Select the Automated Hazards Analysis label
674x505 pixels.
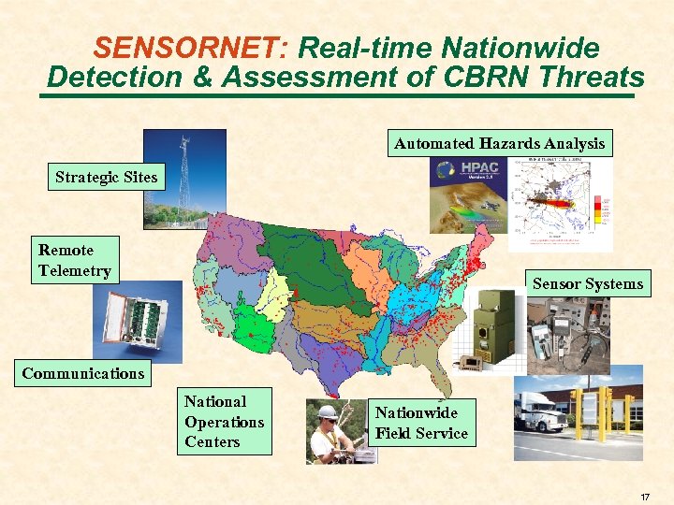click(500, 143)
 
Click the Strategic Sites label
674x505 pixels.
click(106, 177)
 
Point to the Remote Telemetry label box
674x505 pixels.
click(75, 260)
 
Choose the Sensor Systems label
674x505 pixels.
click(588, 283)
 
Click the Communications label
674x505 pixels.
click(83, 373)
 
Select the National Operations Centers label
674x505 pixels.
click(225, 421)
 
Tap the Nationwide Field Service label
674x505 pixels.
click(421, 423)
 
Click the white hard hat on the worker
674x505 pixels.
click(327, 411)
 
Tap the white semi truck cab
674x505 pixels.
click(541, 411)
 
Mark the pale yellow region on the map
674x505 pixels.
click(278, 291)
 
